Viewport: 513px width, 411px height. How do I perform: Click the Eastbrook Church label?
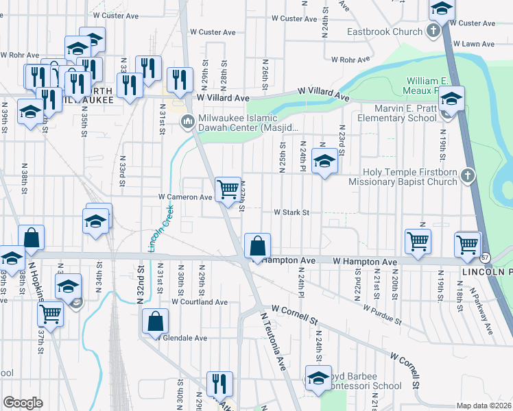385,32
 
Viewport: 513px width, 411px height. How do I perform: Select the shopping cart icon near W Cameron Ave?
227,188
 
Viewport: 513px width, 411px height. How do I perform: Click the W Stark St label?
293,212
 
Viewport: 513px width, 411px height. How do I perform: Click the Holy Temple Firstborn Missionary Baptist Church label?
402,177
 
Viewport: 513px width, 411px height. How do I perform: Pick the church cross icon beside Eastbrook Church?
433,31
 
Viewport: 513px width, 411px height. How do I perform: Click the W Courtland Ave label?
200,301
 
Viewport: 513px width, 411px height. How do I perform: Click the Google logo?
23,403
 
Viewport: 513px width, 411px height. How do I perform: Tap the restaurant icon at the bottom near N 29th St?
219,384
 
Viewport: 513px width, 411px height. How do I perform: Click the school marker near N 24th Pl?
324,161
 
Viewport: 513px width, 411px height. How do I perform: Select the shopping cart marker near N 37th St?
51,313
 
